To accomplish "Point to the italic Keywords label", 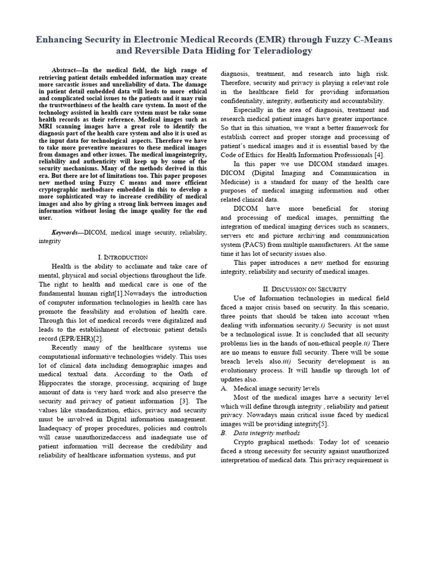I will coord(66,231).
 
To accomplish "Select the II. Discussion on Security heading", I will coord(304,288).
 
